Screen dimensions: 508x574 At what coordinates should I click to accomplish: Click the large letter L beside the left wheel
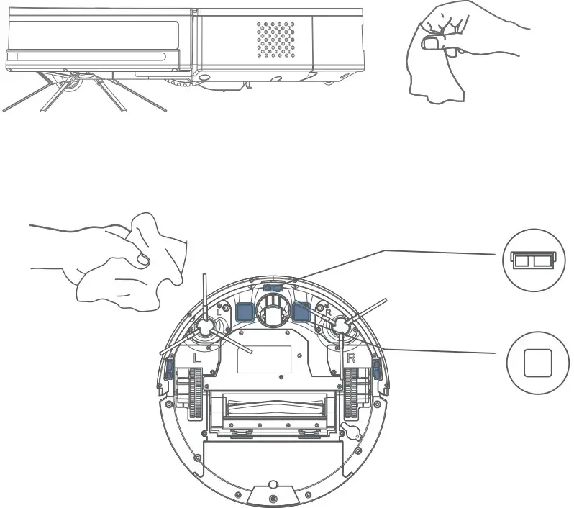click(198, 358)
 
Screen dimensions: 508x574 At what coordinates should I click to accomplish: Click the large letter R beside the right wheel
click(352, 358)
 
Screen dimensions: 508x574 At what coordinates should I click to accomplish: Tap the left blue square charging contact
click(245, 311)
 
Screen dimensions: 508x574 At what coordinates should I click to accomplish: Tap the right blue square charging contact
click(301, 311)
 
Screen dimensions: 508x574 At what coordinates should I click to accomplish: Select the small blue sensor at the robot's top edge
click(273, 286)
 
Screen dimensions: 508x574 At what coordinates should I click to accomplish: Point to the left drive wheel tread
click(194, 396)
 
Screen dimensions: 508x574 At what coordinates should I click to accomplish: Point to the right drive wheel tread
click(352, 396)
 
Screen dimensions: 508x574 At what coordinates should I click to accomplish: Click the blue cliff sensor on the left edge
click(168, 370)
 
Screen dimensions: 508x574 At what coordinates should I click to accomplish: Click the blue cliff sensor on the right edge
click(376, 370)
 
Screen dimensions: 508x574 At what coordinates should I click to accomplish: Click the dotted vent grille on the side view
click(276, 39)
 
